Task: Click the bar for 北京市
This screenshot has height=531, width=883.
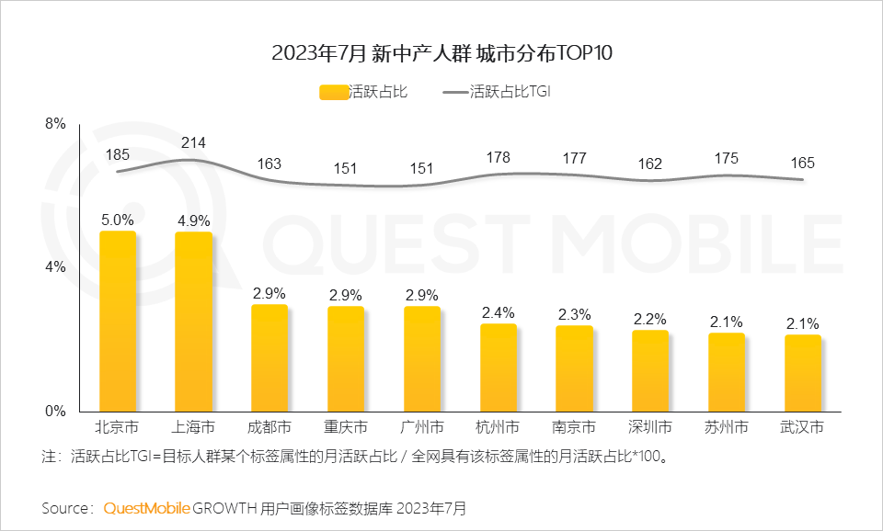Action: click(118, 322)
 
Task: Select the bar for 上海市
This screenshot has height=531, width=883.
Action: click(194, 322)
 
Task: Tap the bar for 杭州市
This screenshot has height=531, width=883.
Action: click(499, 367)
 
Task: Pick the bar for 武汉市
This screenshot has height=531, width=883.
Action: click(803, 373)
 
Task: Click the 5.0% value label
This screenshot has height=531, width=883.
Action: click(118, 220)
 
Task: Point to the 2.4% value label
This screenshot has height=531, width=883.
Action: click(499, 312)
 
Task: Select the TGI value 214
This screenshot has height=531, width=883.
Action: click(194, 142)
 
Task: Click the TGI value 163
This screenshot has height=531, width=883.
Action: click(269, 164)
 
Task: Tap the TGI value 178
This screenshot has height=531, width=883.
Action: click(499, 158)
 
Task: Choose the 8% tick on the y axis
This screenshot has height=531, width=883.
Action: click(56, 124)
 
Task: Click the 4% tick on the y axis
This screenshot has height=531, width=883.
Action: click(56, 267)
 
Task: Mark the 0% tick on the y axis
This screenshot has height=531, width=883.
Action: click(56, 411)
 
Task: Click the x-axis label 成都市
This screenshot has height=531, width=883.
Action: click(269, 427)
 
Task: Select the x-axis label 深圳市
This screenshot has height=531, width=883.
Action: click(650, 427)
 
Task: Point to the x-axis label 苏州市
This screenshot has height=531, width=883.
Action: click(727, 427)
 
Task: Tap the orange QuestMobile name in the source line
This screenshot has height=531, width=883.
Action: click(147, 507)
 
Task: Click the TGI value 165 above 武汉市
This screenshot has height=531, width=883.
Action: click(803, 163)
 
